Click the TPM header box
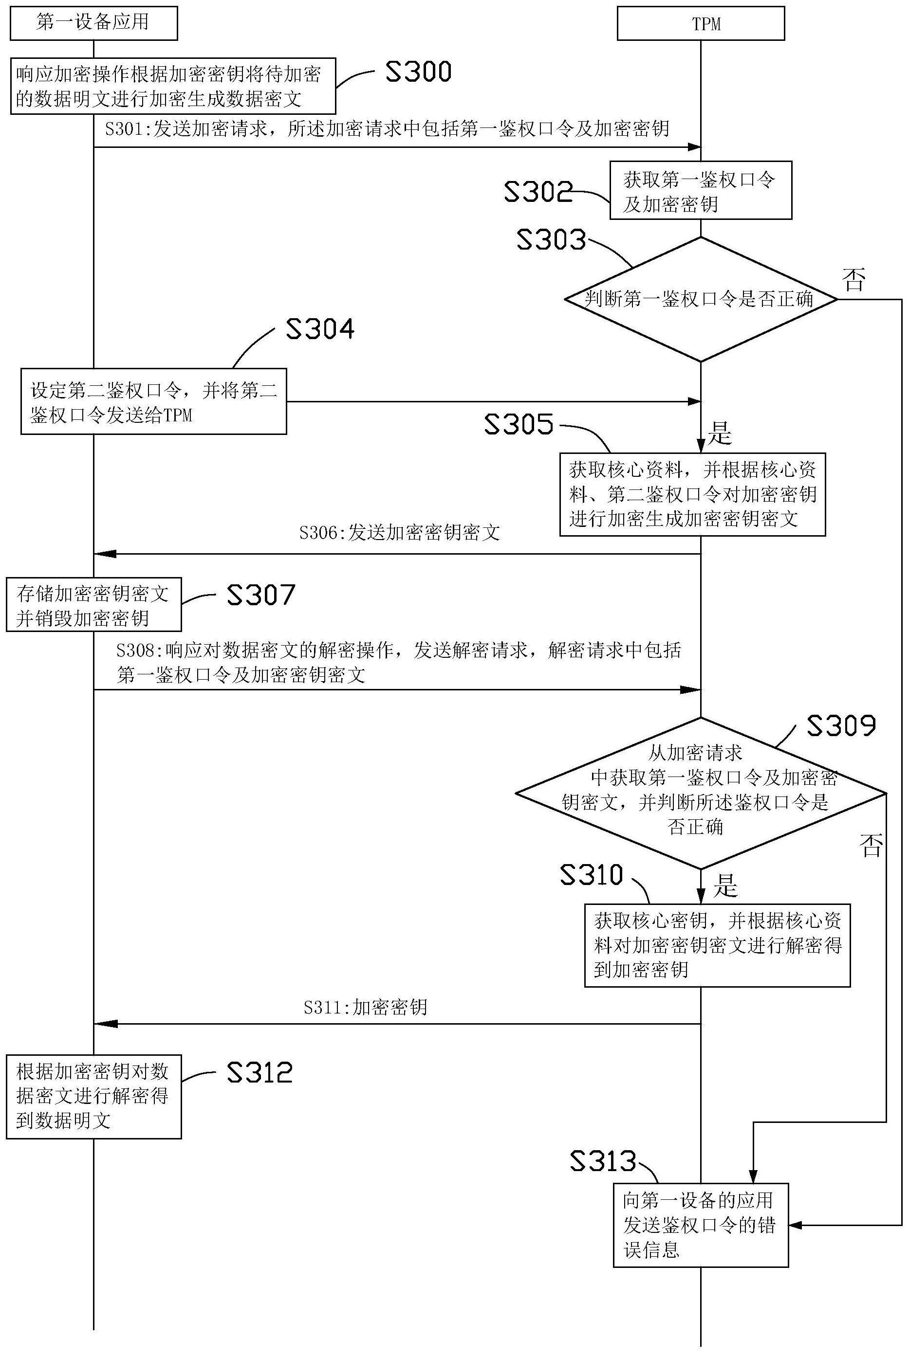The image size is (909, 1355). click(x=700, y=24)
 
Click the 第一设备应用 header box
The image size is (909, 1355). click(x=93, y=23)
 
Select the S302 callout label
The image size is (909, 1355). click(x=538, y=192)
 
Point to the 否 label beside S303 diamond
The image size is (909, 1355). click(x=853, y=279)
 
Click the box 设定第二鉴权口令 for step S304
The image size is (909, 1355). click(x=154, y=401)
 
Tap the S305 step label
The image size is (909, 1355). click(x=519, y=424)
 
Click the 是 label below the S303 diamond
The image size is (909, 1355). click(x=720, y=433)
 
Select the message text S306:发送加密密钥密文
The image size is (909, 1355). click(x=399, y=532)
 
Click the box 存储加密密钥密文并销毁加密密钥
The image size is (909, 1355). click(x=93, y=604)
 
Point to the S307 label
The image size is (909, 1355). click(x=261, y=595)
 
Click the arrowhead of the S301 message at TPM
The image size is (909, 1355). click(x=694, y=147)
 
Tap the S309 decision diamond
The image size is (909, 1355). click(x=700, y=793)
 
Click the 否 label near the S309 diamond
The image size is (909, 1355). click(x=871, y=845)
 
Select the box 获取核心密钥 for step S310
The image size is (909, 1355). click(x=717, y=945)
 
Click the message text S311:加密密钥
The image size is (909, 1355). click(x=365, y=1007)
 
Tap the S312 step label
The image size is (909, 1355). click(x=259, y=1072)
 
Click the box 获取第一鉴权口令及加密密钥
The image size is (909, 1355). click(x=700, y=191)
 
